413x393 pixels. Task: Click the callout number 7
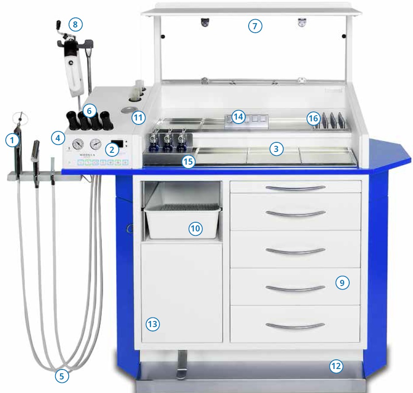click(255, 26)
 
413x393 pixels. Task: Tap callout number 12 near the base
click(336, 366)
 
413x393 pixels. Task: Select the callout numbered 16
click(313, 118)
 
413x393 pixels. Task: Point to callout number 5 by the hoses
click(62, 376)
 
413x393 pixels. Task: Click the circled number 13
click(153, 324)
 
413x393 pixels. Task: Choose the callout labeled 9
click(342, 283)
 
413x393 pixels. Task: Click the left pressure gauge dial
click(78, 144)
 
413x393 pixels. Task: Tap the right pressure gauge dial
click(96, 144)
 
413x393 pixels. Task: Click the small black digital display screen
click(118, 144)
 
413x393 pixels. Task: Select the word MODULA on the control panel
click(87, 155)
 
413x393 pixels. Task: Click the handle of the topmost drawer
click(295, 188)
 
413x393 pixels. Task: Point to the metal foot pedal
click(182, 365)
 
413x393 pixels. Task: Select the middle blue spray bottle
click(167, 144)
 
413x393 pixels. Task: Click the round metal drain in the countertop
click(129, 110)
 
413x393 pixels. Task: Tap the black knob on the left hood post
click(163, 36)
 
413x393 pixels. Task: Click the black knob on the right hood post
click(344, 36)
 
